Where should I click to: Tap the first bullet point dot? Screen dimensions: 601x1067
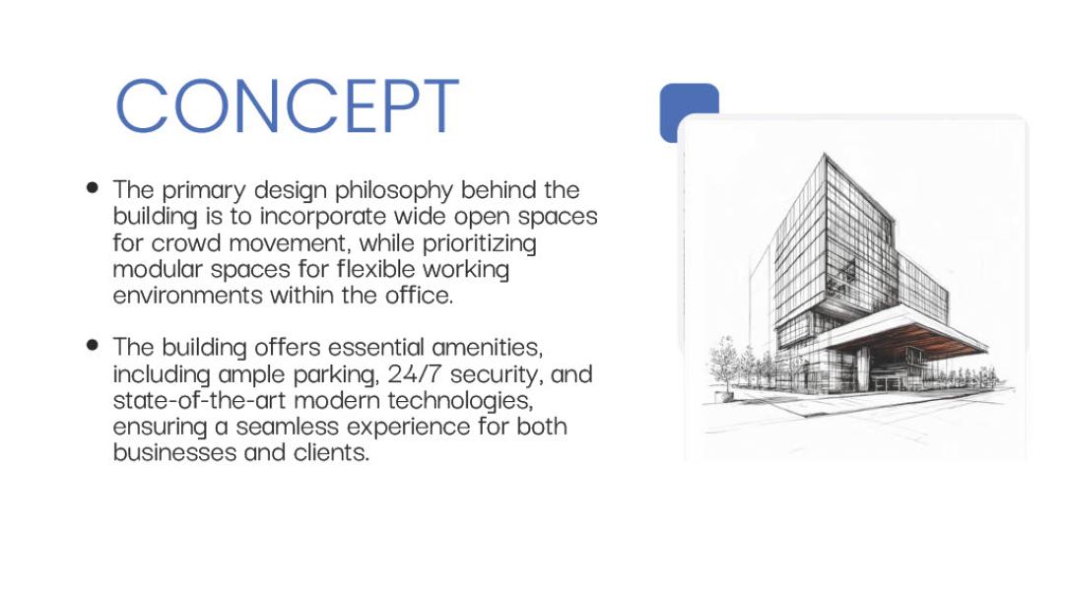[94, 186]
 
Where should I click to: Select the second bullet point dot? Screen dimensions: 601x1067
[94, 345]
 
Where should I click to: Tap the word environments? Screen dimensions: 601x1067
[184, 295]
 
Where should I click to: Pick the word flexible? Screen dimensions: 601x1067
[380, 268]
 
